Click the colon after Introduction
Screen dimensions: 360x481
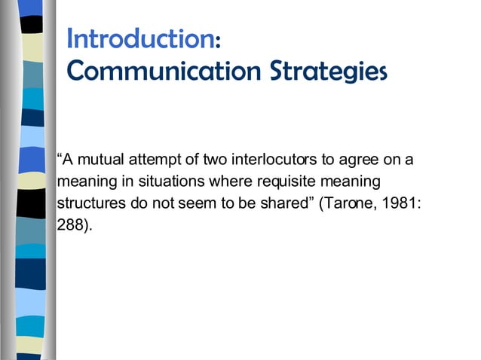tap(217, 41)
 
